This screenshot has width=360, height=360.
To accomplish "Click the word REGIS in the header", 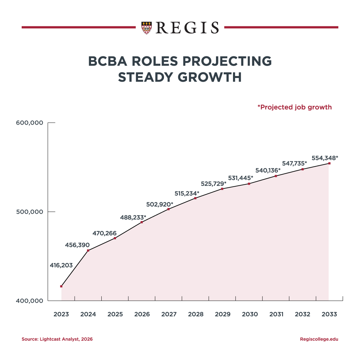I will click(188, 28).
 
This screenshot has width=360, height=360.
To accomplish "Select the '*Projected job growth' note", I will click(294, 107).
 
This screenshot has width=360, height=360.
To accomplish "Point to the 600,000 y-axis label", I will click(30, 123).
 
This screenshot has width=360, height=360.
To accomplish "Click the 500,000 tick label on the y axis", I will click(30, 212).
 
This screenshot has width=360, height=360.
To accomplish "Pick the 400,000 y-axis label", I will click(30, 301).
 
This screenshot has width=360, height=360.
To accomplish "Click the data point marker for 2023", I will click(61, 286).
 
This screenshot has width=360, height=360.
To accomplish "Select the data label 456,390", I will click(77, 245).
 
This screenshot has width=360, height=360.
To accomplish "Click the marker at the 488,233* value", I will click(142, 222).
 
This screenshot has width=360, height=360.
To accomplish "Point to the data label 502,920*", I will click(160, 204).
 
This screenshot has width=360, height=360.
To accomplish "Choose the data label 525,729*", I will click(213, 184).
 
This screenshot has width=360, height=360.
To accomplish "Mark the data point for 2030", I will click(249, 184).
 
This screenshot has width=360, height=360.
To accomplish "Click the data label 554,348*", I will click(325, 158).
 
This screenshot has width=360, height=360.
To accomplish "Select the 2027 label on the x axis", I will click(168, 314).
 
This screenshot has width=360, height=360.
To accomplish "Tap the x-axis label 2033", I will click(329, 314).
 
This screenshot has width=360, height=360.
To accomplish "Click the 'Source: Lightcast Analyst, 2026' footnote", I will click(57, 339).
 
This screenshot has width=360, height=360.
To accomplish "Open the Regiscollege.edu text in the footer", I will click(319, 339).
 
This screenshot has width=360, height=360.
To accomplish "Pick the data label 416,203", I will click(61, 265).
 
